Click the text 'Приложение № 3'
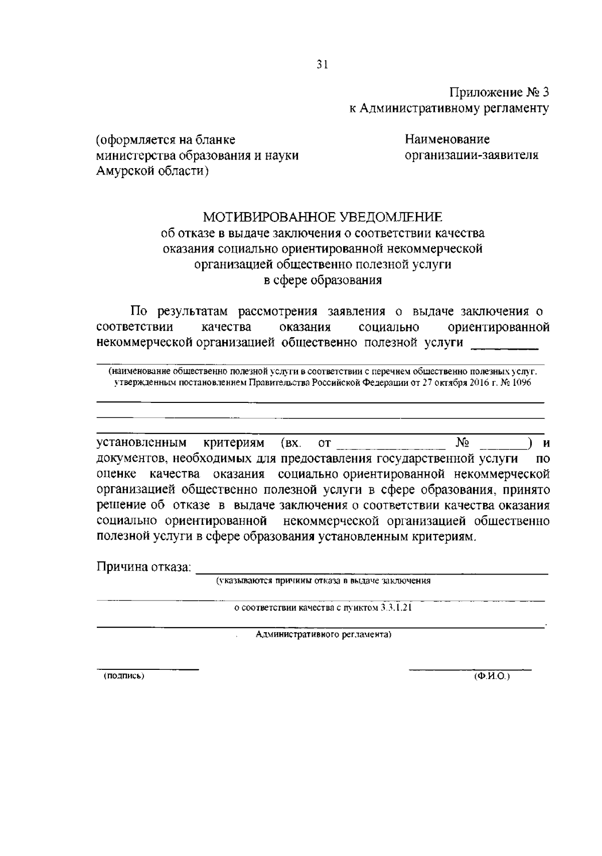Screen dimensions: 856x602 499,92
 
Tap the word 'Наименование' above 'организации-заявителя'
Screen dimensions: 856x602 447,139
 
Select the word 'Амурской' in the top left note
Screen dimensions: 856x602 123,172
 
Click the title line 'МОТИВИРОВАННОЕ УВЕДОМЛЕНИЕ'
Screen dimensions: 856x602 323,217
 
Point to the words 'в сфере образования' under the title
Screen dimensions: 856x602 323,280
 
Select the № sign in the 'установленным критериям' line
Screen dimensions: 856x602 463,443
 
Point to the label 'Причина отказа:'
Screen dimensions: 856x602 144,567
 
